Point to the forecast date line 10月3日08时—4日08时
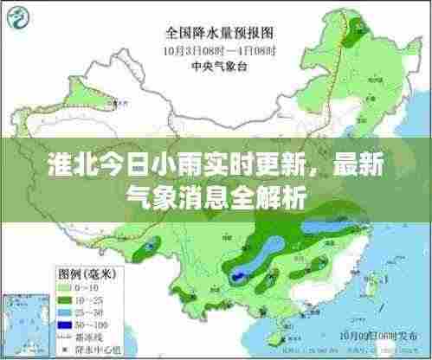point(216,49)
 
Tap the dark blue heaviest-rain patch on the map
point(236,275)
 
